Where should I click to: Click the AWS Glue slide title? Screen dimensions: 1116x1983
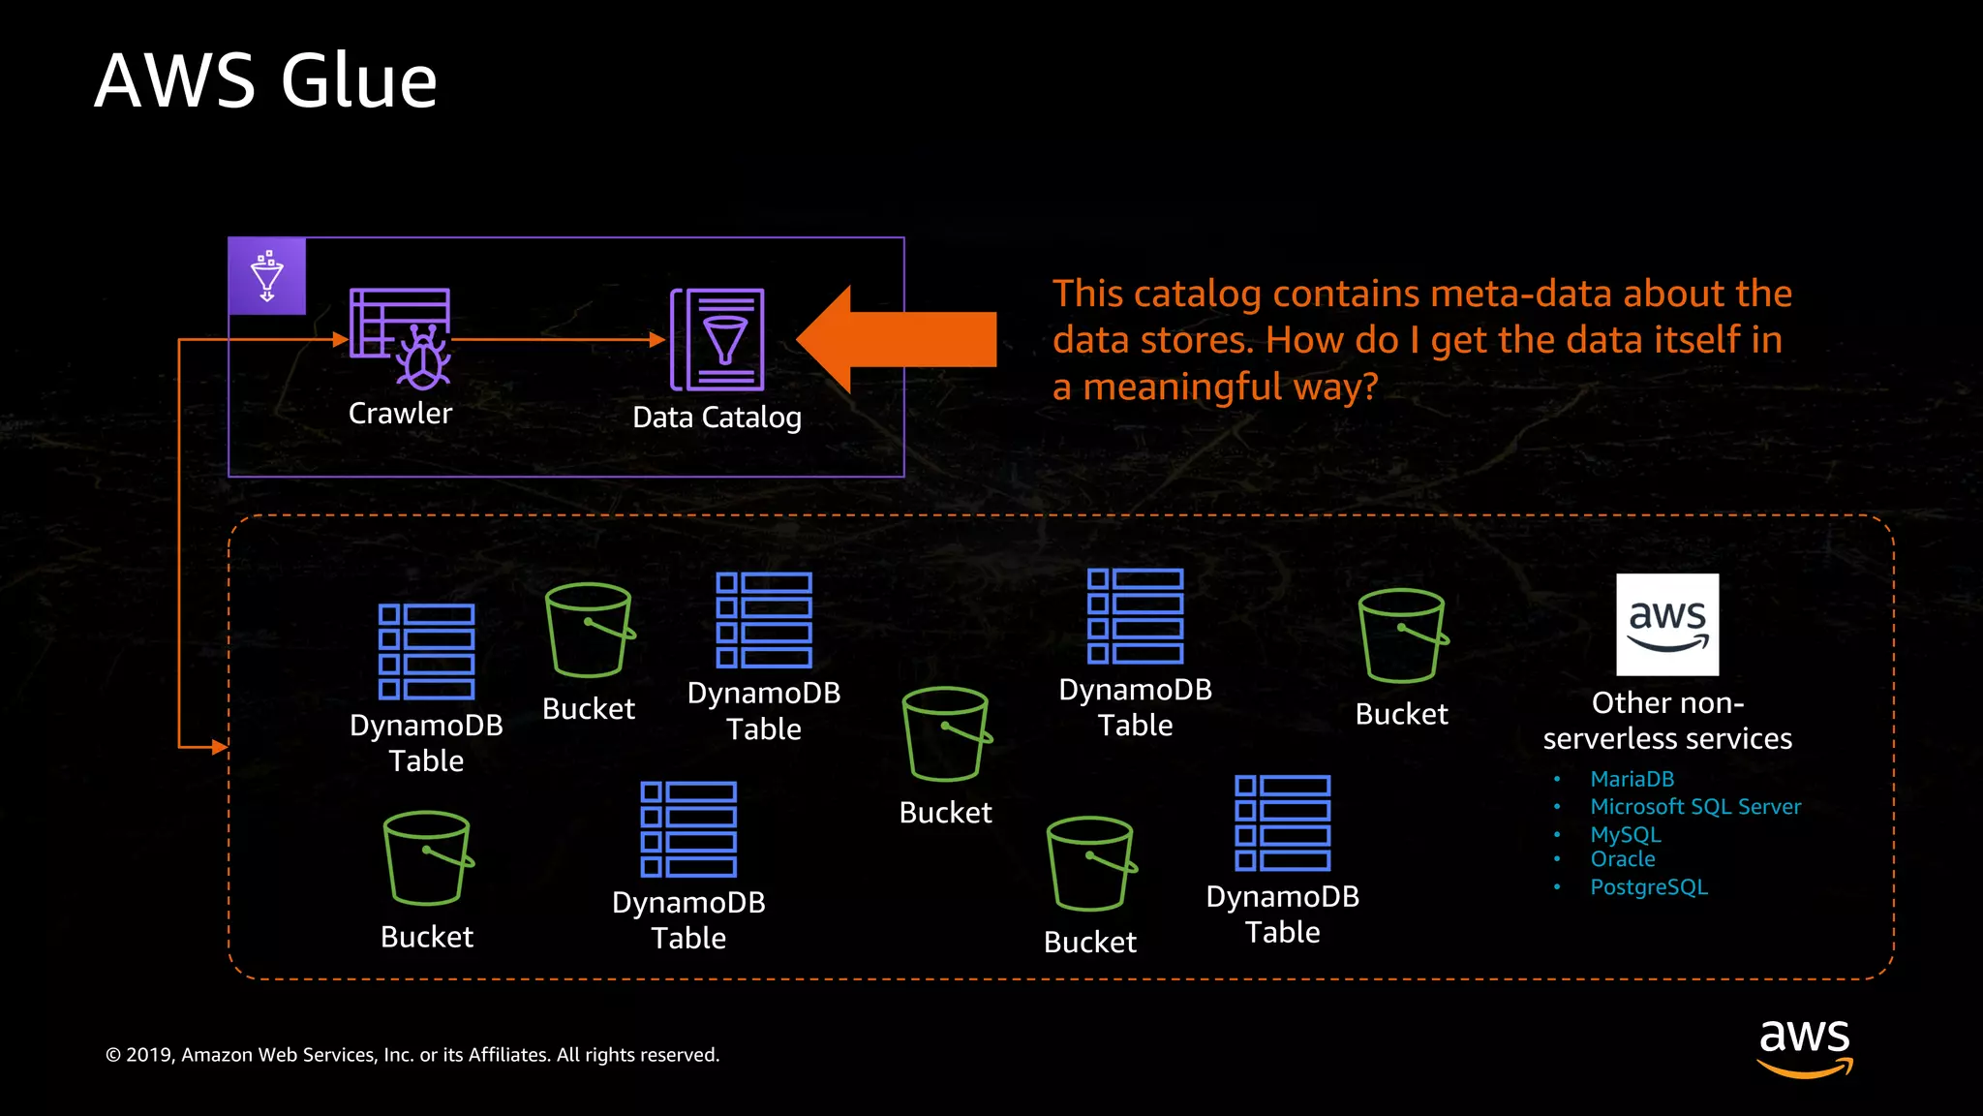pos(265,80)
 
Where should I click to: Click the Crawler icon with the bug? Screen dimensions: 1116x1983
pos(400,338)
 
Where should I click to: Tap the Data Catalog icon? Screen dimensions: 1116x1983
pos(717,340)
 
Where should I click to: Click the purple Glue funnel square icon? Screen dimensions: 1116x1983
pos(267,276)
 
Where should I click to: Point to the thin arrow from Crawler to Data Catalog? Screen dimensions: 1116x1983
pos(557,340)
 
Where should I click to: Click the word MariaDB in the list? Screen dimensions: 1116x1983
pos(1632,779)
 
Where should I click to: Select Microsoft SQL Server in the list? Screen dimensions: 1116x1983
pos(1694,807)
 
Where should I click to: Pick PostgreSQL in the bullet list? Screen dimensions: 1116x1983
pos(1648,887)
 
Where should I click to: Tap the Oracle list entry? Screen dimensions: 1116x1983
pos(1622,859)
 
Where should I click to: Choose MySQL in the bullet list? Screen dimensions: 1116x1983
pos(1625,834)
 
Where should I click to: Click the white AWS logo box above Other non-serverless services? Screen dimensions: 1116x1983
pos(1667,625)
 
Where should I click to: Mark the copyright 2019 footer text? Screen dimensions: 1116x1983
pos(412,1055)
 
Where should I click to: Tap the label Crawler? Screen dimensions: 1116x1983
pos(400,414)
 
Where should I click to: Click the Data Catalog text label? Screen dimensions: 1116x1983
pos(717,418)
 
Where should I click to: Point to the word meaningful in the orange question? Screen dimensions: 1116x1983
pos(1181,387)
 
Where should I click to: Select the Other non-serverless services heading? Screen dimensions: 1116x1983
pos(1667,721)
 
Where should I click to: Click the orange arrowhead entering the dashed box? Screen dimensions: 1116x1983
pos(220,747)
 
